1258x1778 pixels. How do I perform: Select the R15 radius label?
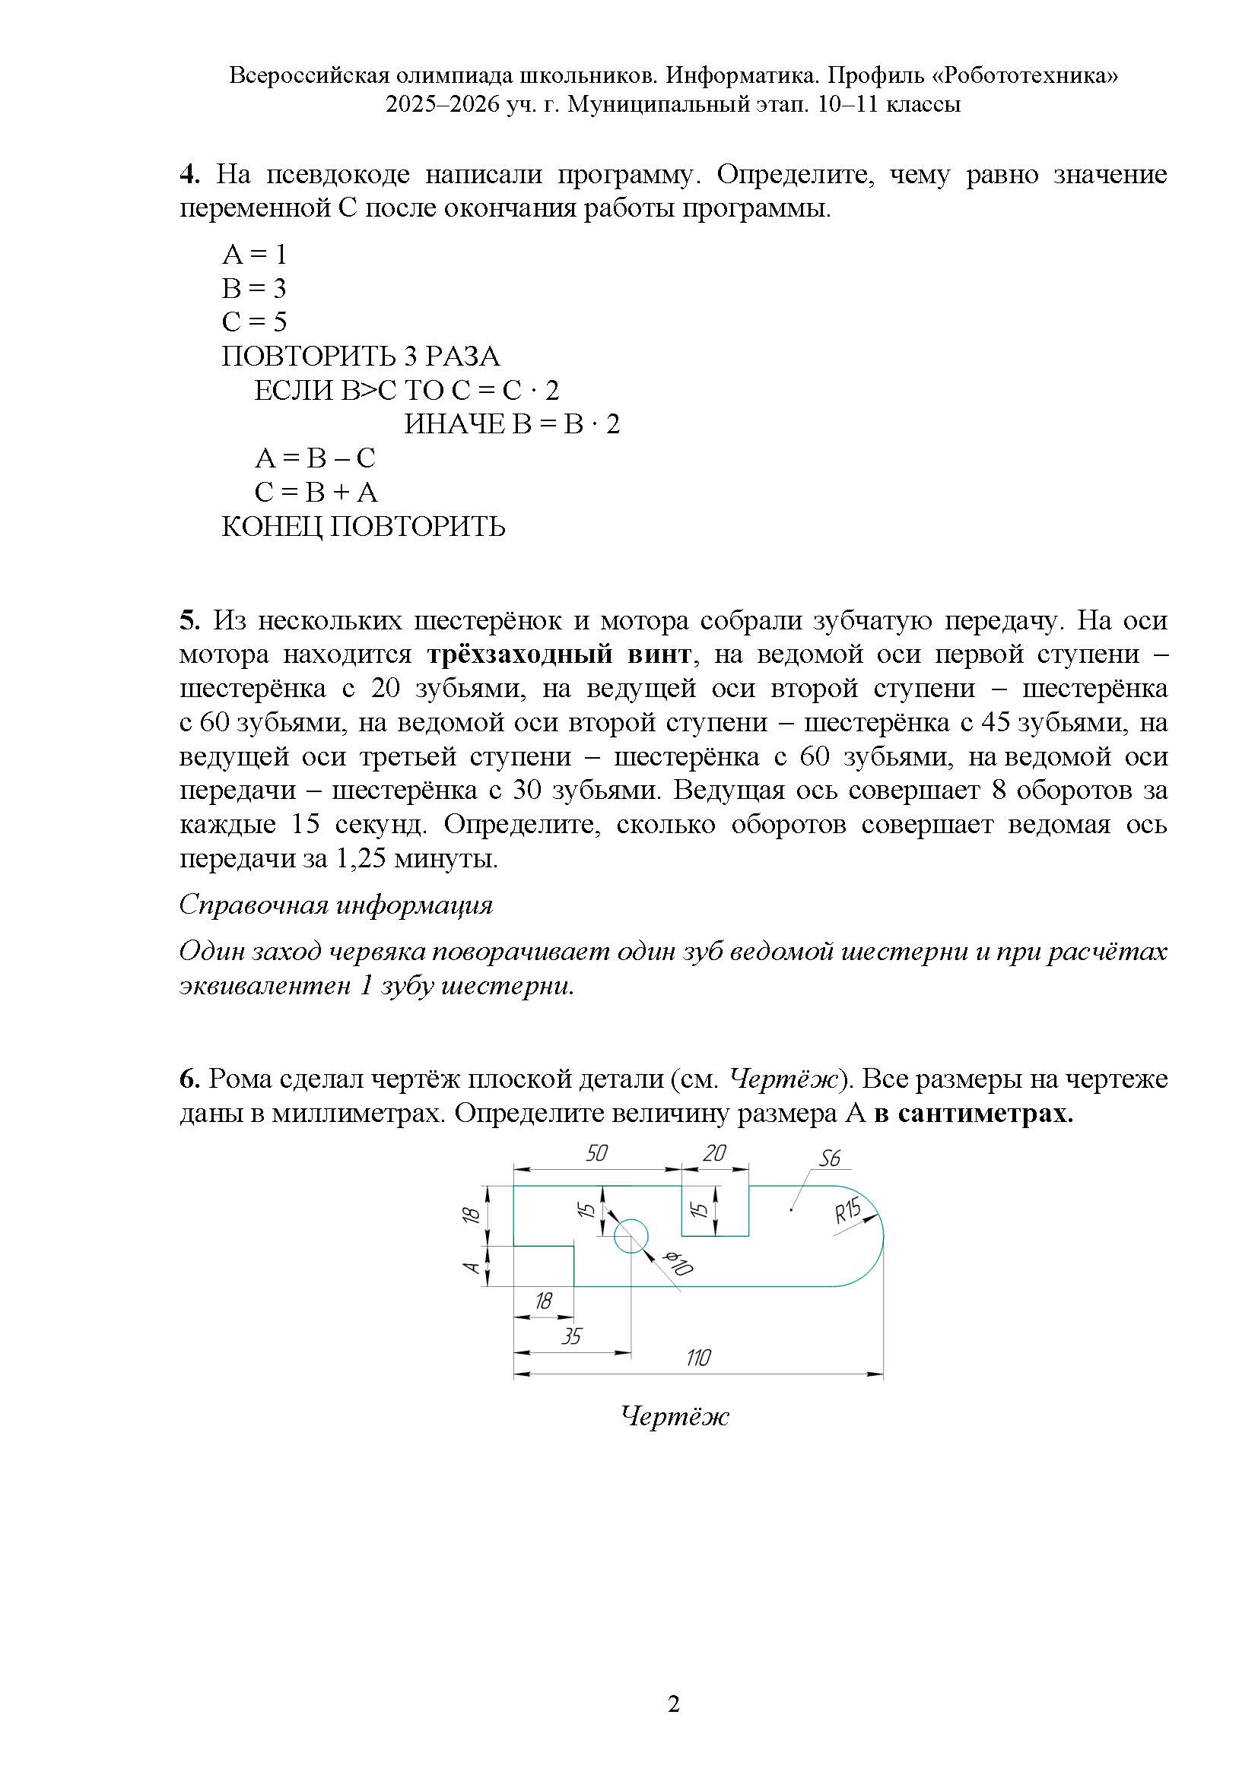pyautogui.click(x=847, y=1211)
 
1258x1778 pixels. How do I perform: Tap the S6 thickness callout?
pyautogui.click(x=829, y=1158)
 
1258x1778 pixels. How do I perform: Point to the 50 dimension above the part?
pyautogui.click(x=596, y=1153)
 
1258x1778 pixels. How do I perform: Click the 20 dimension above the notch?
pyautogui.click(x=714, y=1153)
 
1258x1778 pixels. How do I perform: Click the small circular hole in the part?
pyautogui.click(x=631, y=1235)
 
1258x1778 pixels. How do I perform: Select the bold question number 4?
pyautogui.click(x=189, y=174)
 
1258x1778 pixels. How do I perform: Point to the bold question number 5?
pyautogui.click(x=189, y=620)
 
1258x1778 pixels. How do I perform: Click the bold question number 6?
pyautogui.click(x=189, y=1078)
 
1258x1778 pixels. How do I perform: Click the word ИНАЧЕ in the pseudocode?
pyautogui.click(x=454, y=423)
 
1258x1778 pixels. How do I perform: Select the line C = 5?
pyautogui.click(x=254, y=322)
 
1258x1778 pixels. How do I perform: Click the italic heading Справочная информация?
pyautogui.click(x=336, y=905)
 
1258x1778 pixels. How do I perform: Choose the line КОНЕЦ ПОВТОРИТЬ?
pyautogui.click(x=364, y=527)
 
